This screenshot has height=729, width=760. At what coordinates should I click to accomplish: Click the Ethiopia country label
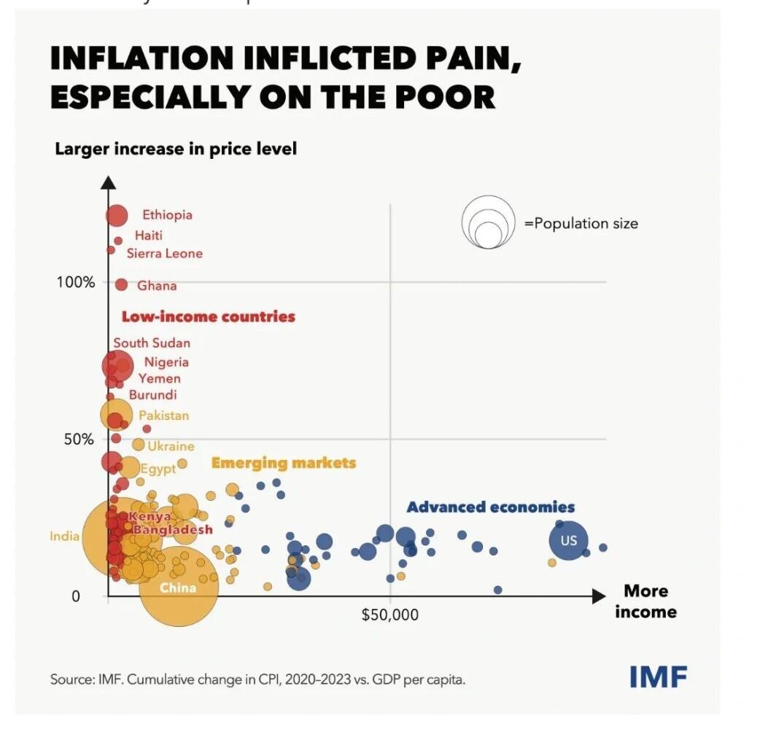coord(167,215)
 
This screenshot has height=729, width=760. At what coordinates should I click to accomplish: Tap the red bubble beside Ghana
coord(121,284)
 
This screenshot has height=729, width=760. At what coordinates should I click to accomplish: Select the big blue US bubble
coord(569,540)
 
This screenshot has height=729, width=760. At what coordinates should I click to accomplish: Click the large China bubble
coord(179,588)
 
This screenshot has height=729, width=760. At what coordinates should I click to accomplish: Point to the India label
coord(64,537)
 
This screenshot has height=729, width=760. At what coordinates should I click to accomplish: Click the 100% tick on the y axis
coord(76,282)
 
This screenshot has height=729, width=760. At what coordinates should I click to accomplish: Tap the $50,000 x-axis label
coord(390,615)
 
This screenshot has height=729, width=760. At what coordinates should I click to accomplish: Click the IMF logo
coord(658,677)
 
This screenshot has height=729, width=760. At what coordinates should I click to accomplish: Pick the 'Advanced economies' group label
coord(490,507)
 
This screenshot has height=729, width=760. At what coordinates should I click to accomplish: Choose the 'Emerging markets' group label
coord(283,463)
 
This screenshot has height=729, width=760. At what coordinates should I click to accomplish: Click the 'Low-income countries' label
coord(208,316)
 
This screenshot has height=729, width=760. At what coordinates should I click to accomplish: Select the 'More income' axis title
coord(645,601)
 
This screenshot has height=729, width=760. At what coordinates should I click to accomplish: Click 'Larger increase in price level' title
coord(176,149)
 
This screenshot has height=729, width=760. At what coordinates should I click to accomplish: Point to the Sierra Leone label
coord(164,254)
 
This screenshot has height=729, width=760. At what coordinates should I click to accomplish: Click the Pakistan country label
coord(163,416)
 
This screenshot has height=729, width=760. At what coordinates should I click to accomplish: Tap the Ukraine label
coord(171,446)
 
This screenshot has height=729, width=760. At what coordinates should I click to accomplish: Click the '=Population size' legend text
coord(581,224)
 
